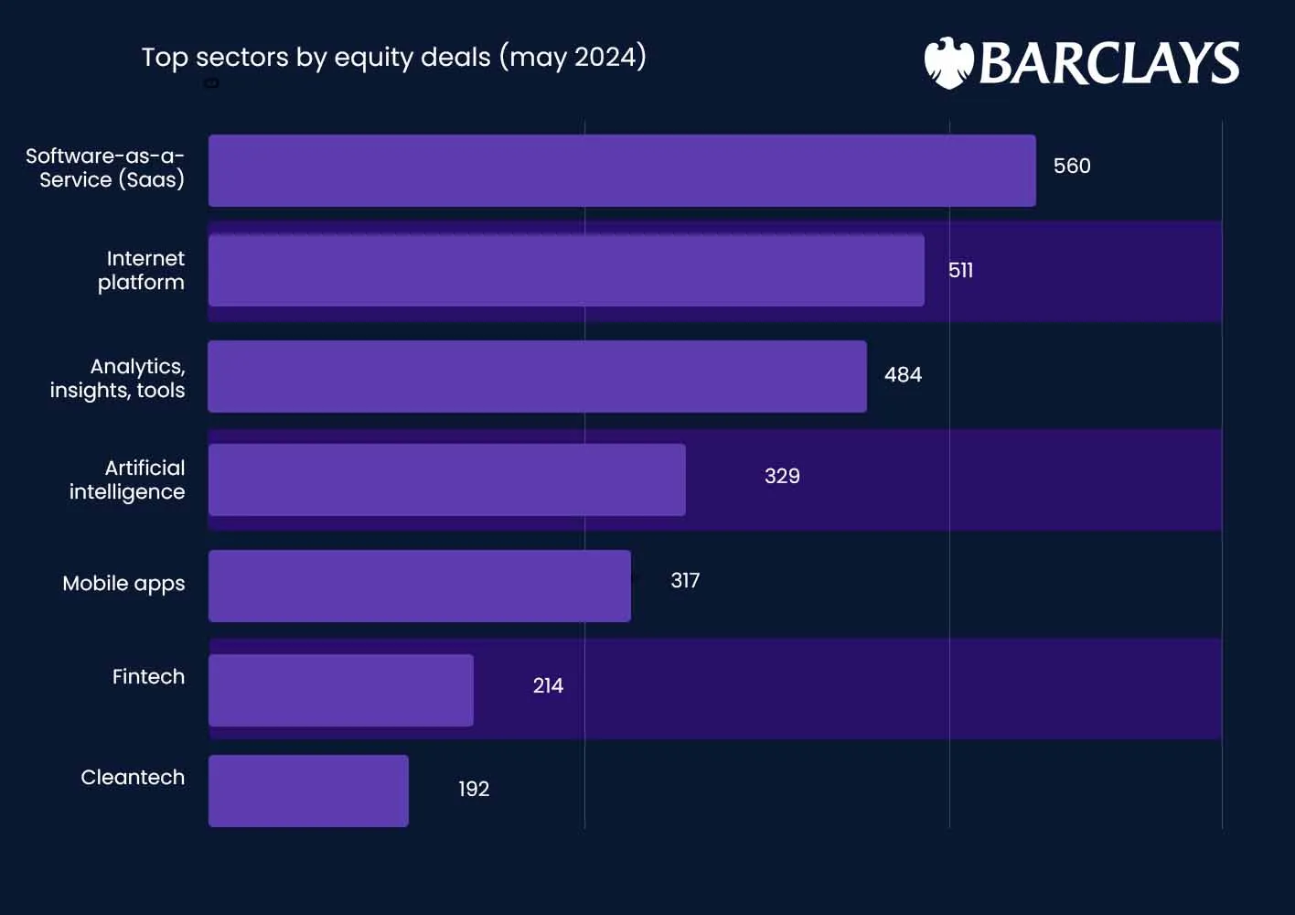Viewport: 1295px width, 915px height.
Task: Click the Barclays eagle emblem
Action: click(947, 63)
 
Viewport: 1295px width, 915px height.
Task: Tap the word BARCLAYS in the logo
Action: click(1108, 63)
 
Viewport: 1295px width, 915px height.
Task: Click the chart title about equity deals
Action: click(393, 57)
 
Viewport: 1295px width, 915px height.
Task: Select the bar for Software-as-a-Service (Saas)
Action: click(622, 171)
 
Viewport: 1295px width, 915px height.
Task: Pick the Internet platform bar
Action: click(566, 271)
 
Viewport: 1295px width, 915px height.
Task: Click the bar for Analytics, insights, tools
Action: click(537, 376)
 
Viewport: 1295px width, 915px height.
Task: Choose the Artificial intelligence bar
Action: click(446, 479)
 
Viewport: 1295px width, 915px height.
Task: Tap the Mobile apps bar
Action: click(419, 586)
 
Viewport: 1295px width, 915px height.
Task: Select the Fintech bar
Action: click(340, 690)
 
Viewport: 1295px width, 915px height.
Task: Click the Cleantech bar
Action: click(308, 791)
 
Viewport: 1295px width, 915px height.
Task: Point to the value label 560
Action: click(1072, 167)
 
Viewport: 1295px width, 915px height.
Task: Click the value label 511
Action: click(960, 271)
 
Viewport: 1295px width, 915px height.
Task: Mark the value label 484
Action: click(903, 375)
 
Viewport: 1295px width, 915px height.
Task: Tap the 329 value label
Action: click(782, 477)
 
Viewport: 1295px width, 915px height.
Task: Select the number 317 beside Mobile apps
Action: click(685, 581)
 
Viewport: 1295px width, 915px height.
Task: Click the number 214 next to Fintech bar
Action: click(548, 686)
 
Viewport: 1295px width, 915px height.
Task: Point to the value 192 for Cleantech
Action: click(474, 790)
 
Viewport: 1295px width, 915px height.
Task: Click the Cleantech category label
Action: click(133, 778)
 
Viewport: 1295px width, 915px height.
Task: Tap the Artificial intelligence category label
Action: click(127, 480)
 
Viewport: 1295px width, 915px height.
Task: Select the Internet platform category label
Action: click(142, 271)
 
